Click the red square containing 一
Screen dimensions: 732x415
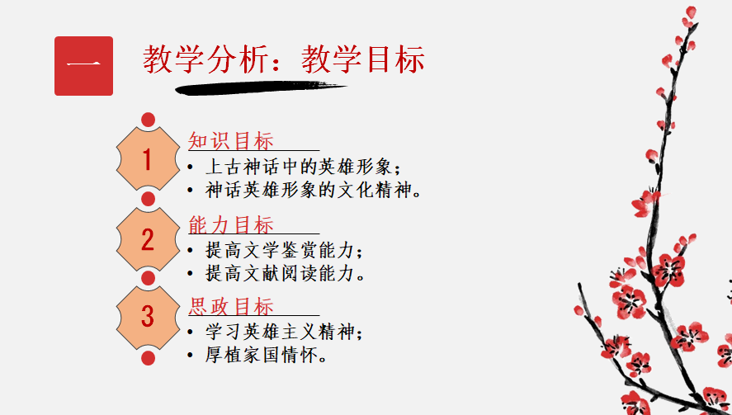tap(83, 66)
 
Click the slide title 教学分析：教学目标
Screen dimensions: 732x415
tap(284, 59)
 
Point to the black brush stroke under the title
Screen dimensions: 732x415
tap(261, 87)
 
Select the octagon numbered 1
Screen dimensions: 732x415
tap(148, 159)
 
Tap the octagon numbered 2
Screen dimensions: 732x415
tap(148, 239)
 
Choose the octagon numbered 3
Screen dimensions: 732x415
tap(148, 318)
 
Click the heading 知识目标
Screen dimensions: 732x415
tap(231, 140)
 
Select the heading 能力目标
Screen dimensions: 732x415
tap(231, 224)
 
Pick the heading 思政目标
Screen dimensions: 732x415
tap(231, 307)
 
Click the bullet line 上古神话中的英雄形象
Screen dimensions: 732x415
tap(303, 167)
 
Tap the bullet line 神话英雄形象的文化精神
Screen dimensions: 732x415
tap(314, 190)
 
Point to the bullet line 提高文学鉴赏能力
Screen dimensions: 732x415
tap(284, 251)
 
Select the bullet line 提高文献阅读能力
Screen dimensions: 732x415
tap(285, 273)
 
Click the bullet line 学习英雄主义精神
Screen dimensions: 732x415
tap(284, 332)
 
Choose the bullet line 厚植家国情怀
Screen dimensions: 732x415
tap(266, 356)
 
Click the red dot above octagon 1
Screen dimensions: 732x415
tap(148, 120)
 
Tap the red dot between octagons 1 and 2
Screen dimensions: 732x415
tap(148, 199)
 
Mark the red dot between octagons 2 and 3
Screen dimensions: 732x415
tap(148, 278)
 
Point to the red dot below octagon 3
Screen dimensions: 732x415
tap(148, 358)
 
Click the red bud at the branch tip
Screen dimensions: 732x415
tap(691, 12)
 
